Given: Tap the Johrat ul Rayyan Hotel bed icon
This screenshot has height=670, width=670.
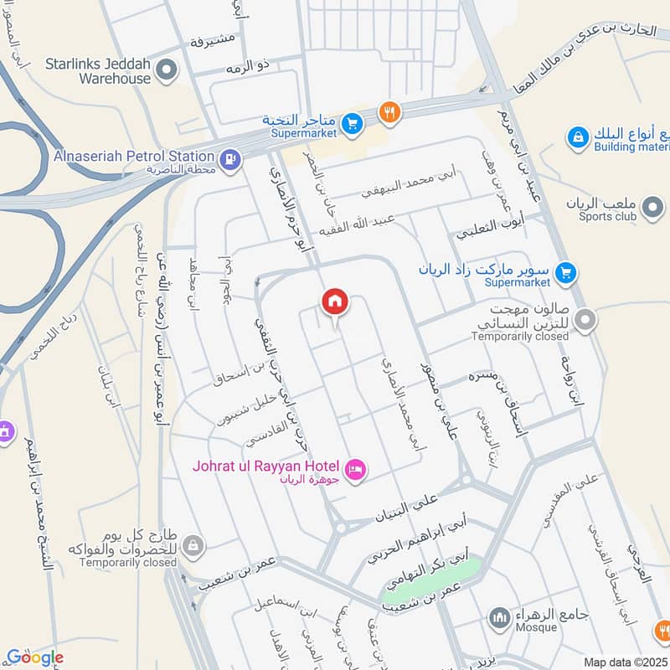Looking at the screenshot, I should coord(355,469).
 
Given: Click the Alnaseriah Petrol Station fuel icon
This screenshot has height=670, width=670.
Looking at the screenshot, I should coord(229,157).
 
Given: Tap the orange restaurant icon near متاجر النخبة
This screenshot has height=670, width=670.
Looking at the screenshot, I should coord(388,111).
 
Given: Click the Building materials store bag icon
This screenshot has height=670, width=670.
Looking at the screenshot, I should coord(577,136).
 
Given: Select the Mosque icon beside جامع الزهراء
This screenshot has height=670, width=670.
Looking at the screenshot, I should coord(500,619).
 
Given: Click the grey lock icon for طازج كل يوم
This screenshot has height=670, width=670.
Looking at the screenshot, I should coord(193,545).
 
